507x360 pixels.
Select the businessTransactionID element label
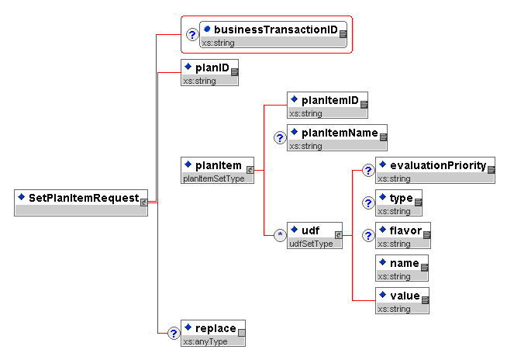(276, 29)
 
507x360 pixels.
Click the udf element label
(310, 230)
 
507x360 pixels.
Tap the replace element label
(216, 327)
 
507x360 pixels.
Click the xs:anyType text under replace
(205, 341)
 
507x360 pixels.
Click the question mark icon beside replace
(174, 334)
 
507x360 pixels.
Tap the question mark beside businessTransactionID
(193, 35)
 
